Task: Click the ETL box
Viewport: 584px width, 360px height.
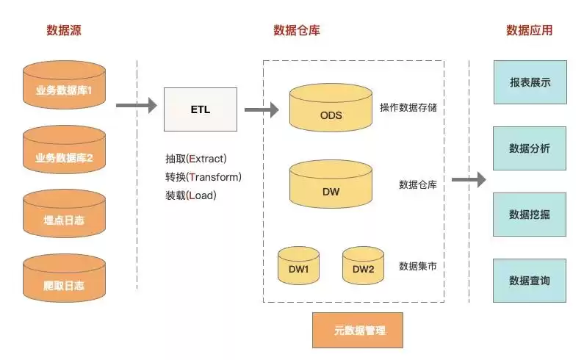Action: pyautogui.click(x=200, y=110)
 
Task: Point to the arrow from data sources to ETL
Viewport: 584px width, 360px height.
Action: pyautogui.click(x=136, y=106)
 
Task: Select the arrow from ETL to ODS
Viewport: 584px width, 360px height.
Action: pyautogui.click(x=261, y=110)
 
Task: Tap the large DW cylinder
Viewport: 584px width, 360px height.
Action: pyautogui.click(x=331, y=187)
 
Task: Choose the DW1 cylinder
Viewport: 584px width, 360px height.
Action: pyautogui.click(x=298, y=266)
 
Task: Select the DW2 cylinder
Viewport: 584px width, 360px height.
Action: pyautogui.click(x=363, y=266)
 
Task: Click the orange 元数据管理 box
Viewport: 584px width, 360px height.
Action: pyautogui.click(x=358, y=330)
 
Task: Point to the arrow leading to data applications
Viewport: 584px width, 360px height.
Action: pyautogui.click(x=469, y=179)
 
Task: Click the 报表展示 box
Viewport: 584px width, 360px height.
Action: pyautogui.click(x=530, y=83)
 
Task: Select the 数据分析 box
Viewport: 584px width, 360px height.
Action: pyautogui.click(x=530, y=148)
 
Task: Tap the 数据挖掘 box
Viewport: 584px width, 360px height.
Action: pyautogui.click(x=530, y=215)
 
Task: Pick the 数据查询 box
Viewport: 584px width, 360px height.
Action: pyautogui.click(x=530, y=281)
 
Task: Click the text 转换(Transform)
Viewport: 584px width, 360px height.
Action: pyautogui.click(x=203, y=177)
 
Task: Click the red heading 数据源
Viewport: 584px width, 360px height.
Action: pyautogui.click(x=63, y=31)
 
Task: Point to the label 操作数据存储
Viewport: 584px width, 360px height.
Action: pyautogui.click(x=408, y=108)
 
